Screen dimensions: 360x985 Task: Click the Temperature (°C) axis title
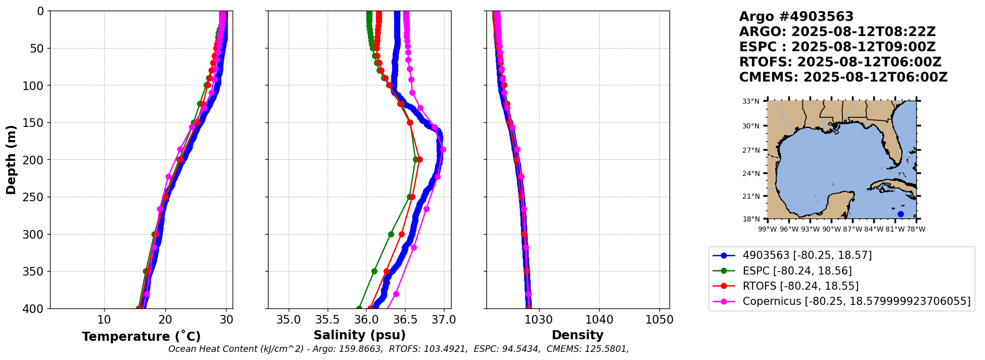click(x=141, y=337)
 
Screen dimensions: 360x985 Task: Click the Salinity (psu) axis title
click(x=360, y=335)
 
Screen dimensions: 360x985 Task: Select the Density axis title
click(x=577, y=335)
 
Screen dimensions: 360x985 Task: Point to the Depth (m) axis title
click(x=11, y=159)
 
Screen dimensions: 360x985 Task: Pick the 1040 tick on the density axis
click(x=599, y=320)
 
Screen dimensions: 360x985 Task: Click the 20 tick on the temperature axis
click(x=165, y=320)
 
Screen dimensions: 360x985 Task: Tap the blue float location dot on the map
click(x=901, y=214)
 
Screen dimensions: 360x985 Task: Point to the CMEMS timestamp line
click(x=843, y=77)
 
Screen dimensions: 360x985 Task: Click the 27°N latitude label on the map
click(x=751, y=150)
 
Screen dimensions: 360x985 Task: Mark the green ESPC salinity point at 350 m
click(x=374, y=272)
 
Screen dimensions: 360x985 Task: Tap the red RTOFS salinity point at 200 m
click(x=420, y=159)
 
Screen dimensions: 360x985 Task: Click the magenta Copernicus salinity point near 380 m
click(x=396, y=294)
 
